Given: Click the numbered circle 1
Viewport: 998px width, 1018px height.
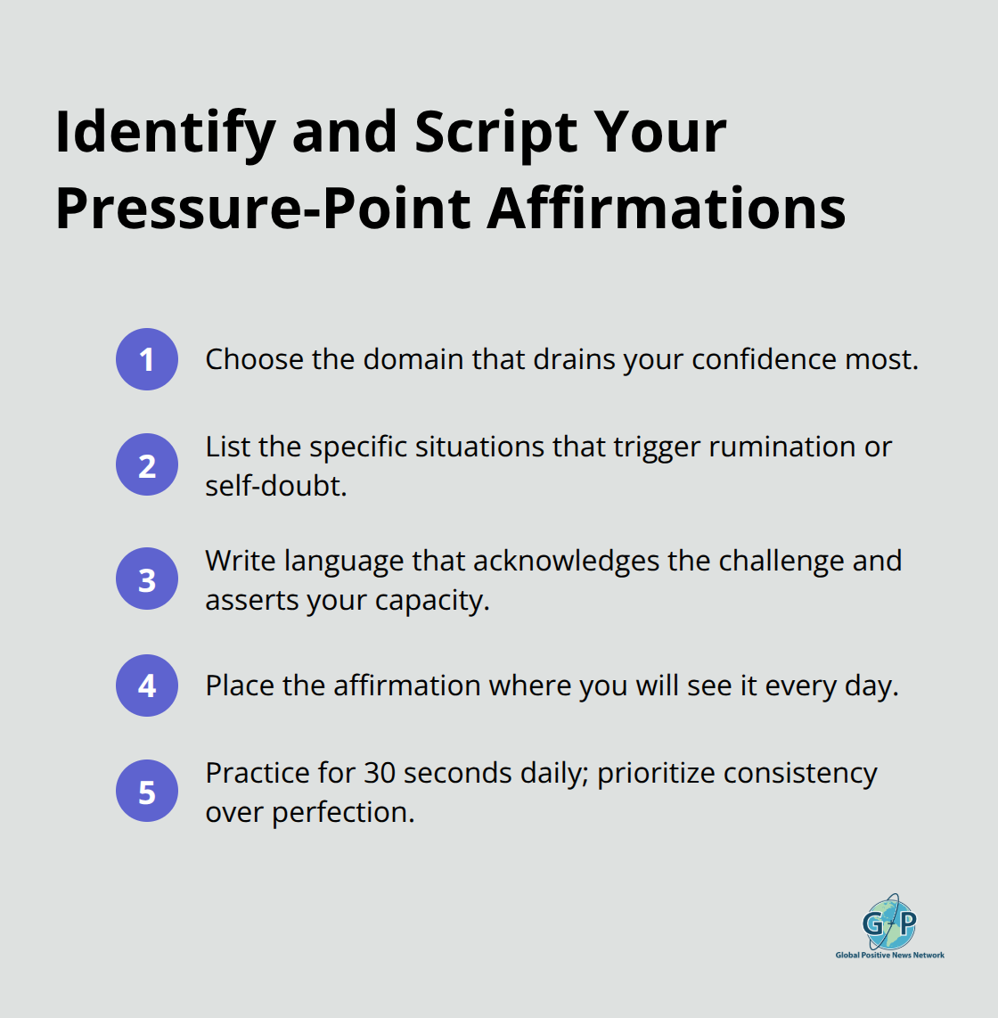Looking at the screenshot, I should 147,359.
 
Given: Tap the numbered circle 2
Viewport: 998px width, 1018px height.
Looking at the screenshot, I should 147,464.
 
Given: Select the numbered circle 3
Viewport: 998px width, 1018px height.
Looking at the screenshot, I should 147,579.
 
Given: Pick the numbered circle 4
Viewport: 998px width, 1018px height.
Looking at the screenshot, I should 147,686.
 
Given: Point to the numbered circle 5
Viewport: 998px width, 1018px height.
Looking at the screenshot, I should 147,792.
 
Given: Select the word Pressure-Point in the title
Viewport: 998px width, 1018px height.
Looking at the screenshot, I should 263,209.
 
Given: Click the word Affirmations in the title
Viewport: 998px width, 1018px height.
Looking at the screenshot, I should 667,209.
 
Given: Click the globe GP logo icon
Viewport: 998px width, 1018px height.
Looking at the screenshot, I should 889,923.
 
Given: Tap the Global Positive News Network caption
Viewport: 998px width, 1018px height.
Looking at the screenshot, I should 889,955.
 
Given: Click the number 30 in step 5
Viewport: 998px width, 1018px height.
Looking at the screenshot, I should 379,773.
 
